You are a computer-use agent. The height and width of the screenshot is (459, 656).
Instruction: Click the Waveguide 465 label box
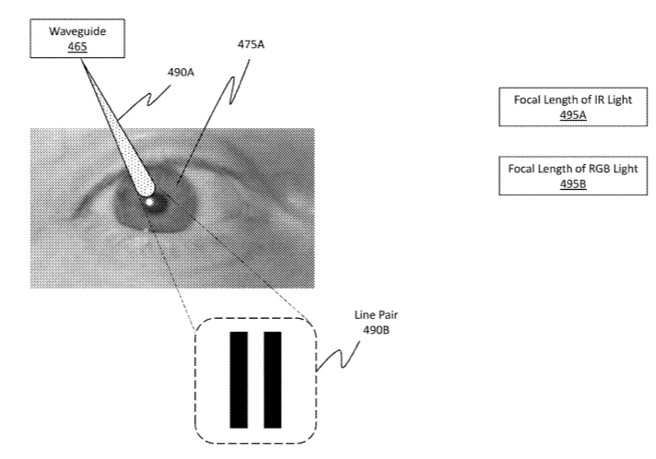coord(78,39)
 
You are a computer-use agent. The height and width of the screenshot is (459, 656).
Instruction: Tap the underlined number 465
coord(78,46)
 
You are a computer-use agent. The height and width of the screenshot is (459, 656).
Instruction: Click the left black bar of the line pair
coord(239,380)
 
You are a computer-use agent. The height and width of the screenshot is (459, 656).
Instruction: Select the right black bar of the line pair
coord(272,380)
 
